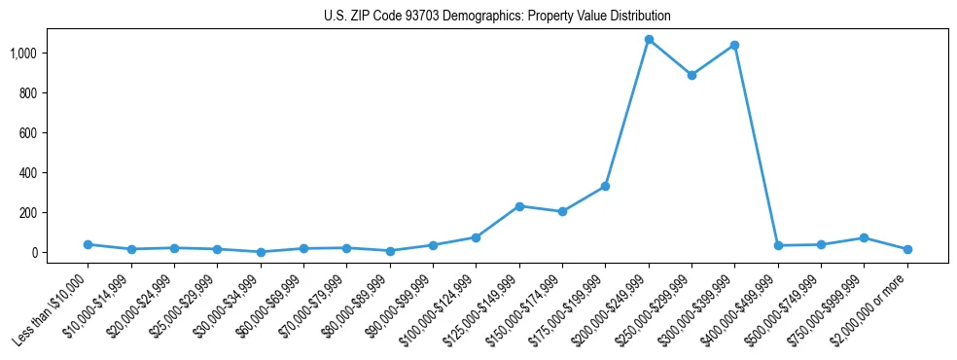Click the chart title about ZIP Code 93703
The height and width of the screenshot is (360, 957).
497,17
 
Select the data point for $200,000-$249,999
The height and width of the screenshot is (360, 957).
649,40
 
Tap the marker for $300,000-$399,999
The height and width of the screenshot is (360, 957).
734,45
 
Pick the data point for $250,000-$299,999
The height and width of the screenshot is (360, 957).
691,75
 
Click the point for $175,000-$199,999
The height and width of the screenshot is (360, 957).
605,186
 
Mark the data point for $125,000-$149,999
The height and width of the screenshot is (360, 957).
519,206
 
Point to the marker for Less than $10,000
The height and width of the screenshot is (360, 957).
89,244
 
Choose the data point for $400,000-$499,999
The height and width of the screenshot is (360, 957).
778,245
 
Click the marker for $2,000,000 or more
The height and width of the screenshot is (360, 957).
907,249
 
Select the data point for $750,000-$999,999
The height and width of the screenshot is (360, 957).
864,237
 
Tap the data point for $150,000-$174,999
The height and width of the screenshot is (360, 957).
562,211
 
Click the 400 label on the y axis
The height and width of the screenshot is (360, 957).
36,172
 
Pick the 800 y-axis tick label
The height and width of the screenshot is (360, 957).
36,92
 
